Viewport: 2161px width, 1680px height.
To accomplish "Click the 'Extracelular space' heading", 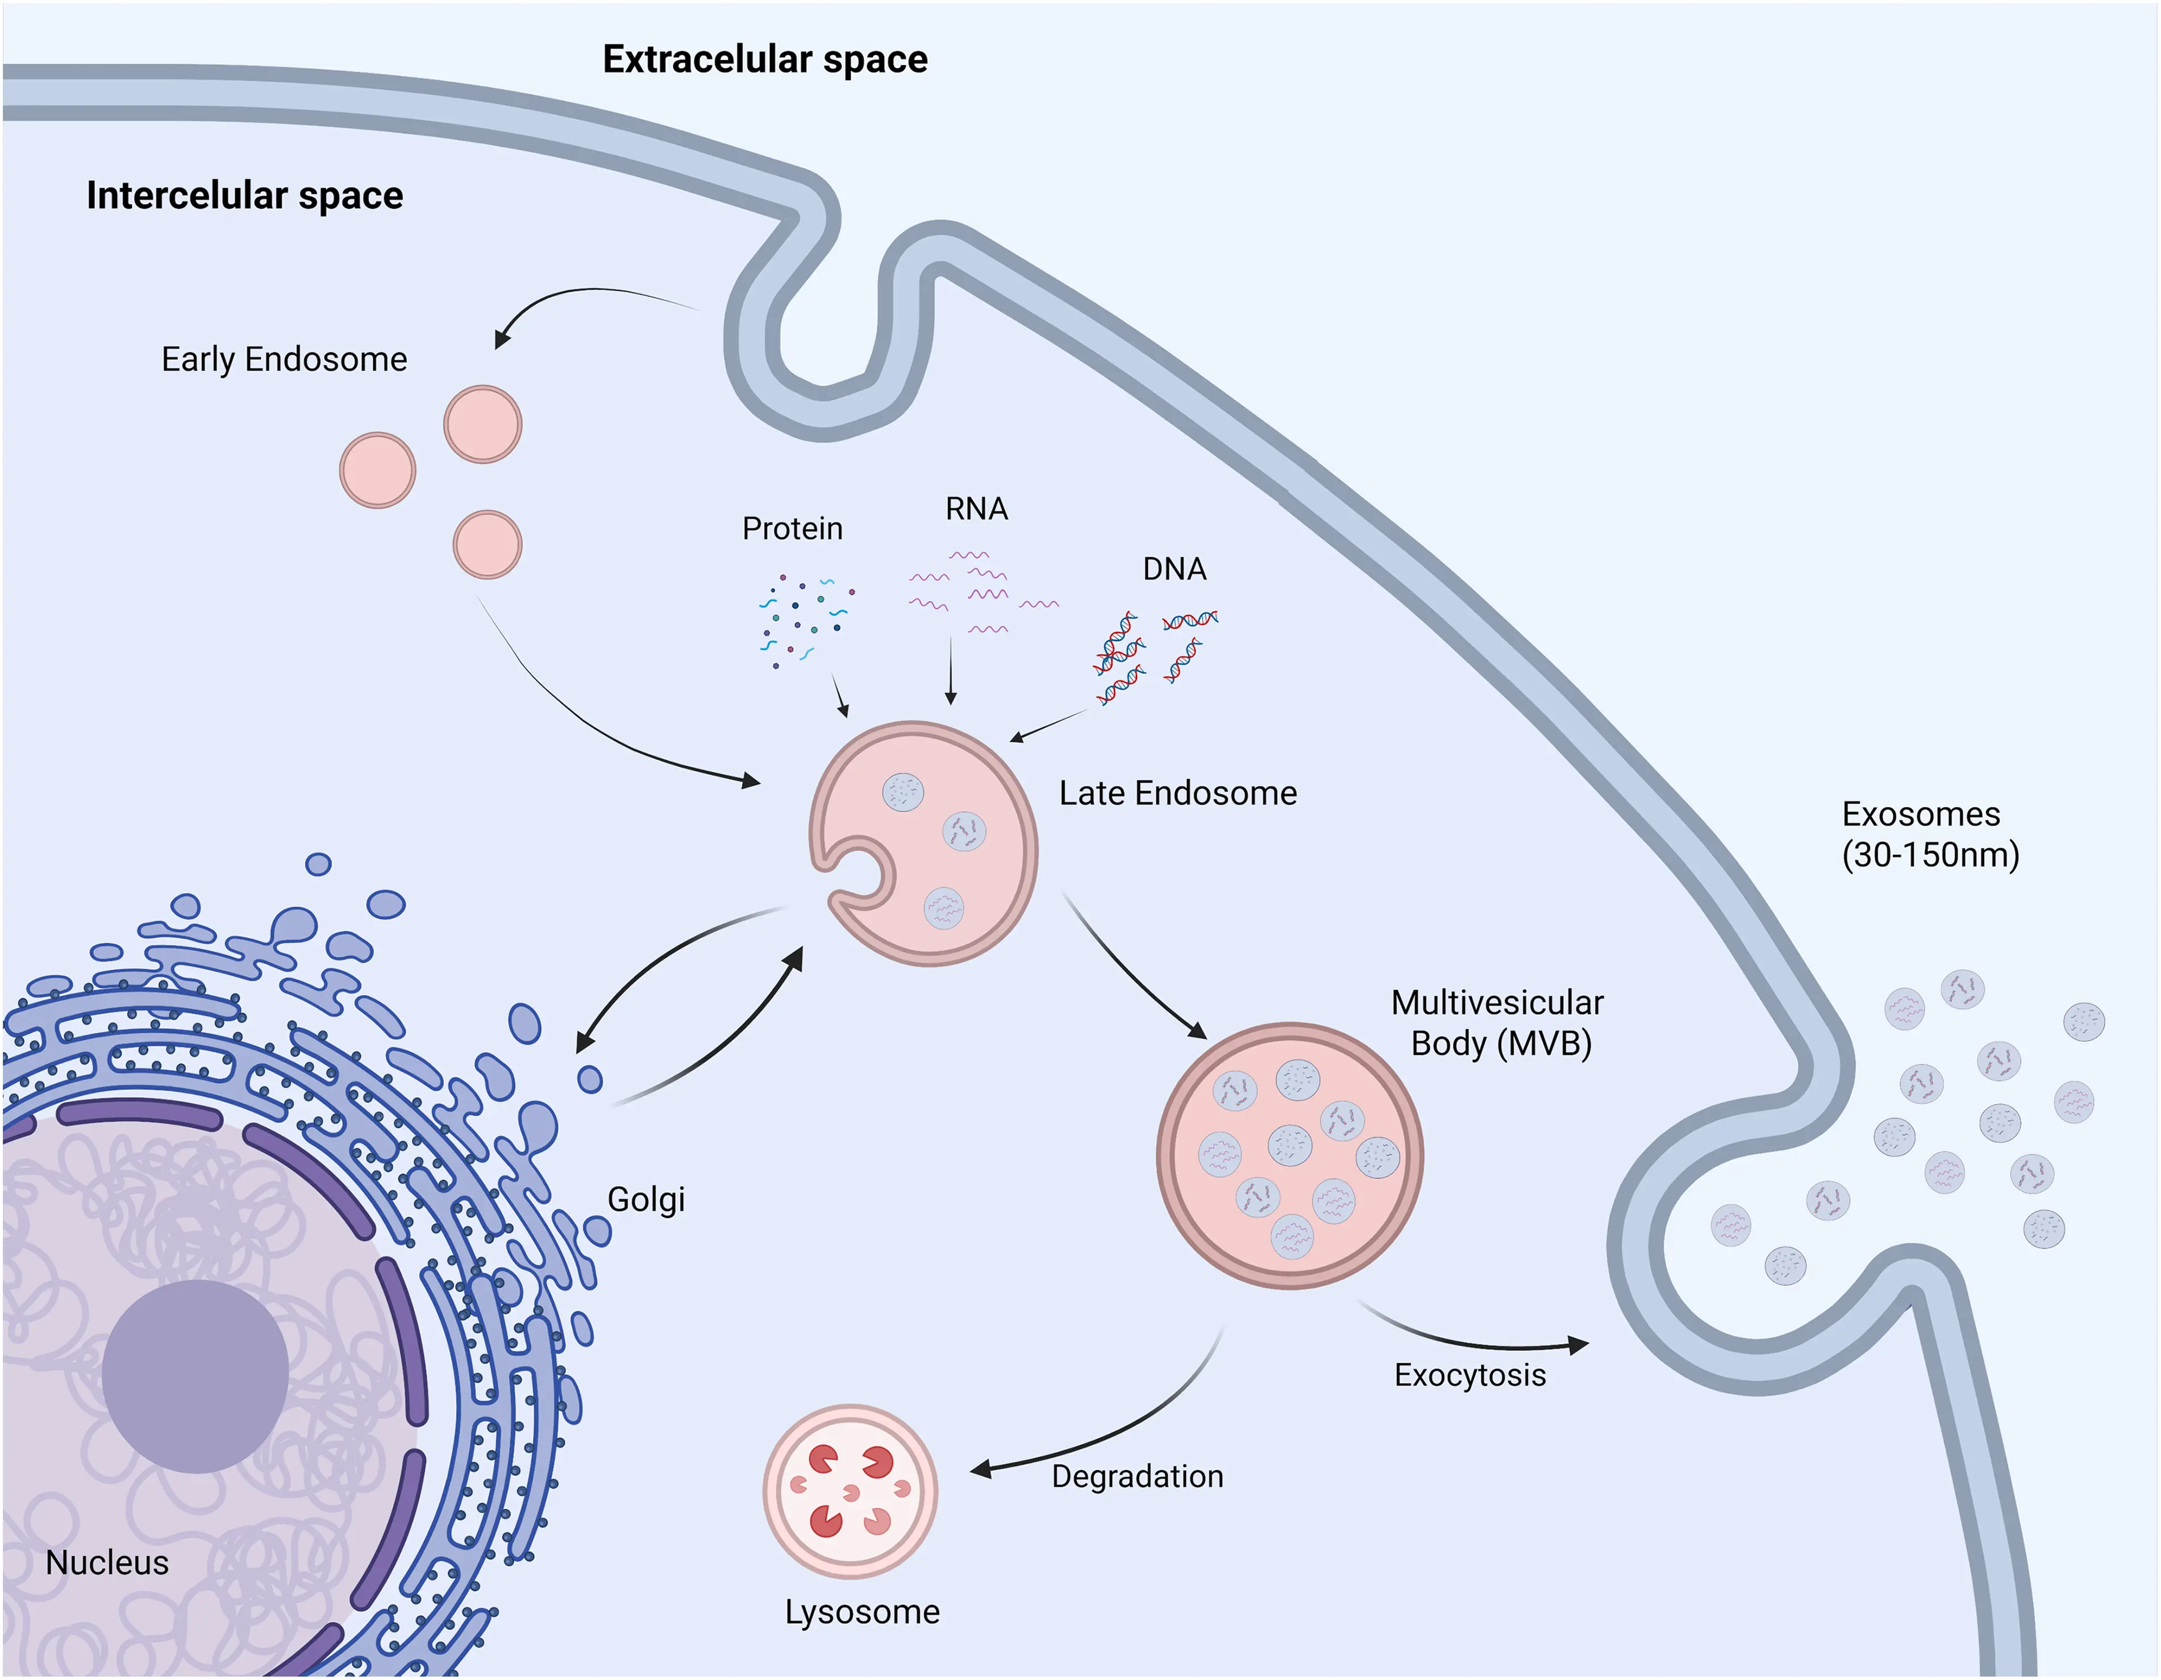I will (765, 59).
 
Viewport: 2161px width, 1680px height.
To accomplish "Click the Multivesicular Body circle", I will (1289, 1155).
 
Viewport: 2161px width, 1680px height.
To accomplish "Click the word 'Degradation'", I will (1137, 1476).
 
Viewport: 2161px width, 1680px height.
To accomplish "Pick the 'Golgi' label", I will (645, 1199).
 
